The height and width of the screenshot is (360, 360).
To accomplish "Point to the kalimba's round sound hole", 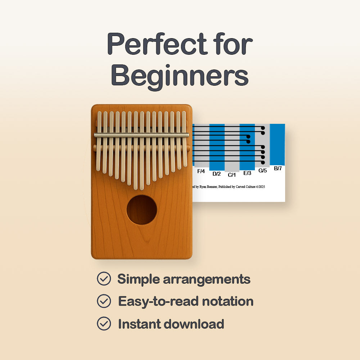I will (141, 210).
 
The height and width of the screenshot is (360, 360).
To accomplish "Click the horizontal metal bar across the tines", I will (141, 135).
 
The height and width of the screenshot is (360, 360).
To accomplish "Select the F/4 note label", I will (201, 171).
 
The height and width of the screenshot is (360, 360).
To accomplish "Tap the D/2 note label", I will (216, 174).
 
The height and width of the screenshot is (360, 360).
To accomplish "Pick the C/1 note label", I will (232, 175).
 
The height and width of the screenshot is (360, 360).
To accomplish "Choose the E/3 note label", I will (247, 173).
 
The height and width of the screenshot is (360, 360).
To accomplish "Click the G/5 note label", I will (263, 171).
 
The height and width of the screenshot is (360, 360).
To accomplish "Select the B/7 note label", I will (278, 168).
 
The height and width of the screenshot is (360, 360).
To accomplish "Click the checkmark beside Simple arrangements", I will (104, 279).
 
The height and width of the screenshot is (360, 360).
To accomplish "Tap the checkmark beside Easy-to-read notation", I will (104, 301).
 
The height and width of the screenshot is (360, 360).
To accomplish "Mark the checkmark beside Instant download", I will (104, 324).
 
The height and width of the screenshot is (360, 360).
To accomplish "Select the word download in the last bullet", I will (193, 324).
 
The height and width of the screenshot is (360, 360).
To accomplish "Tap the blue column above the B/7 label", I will (277, 144).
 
